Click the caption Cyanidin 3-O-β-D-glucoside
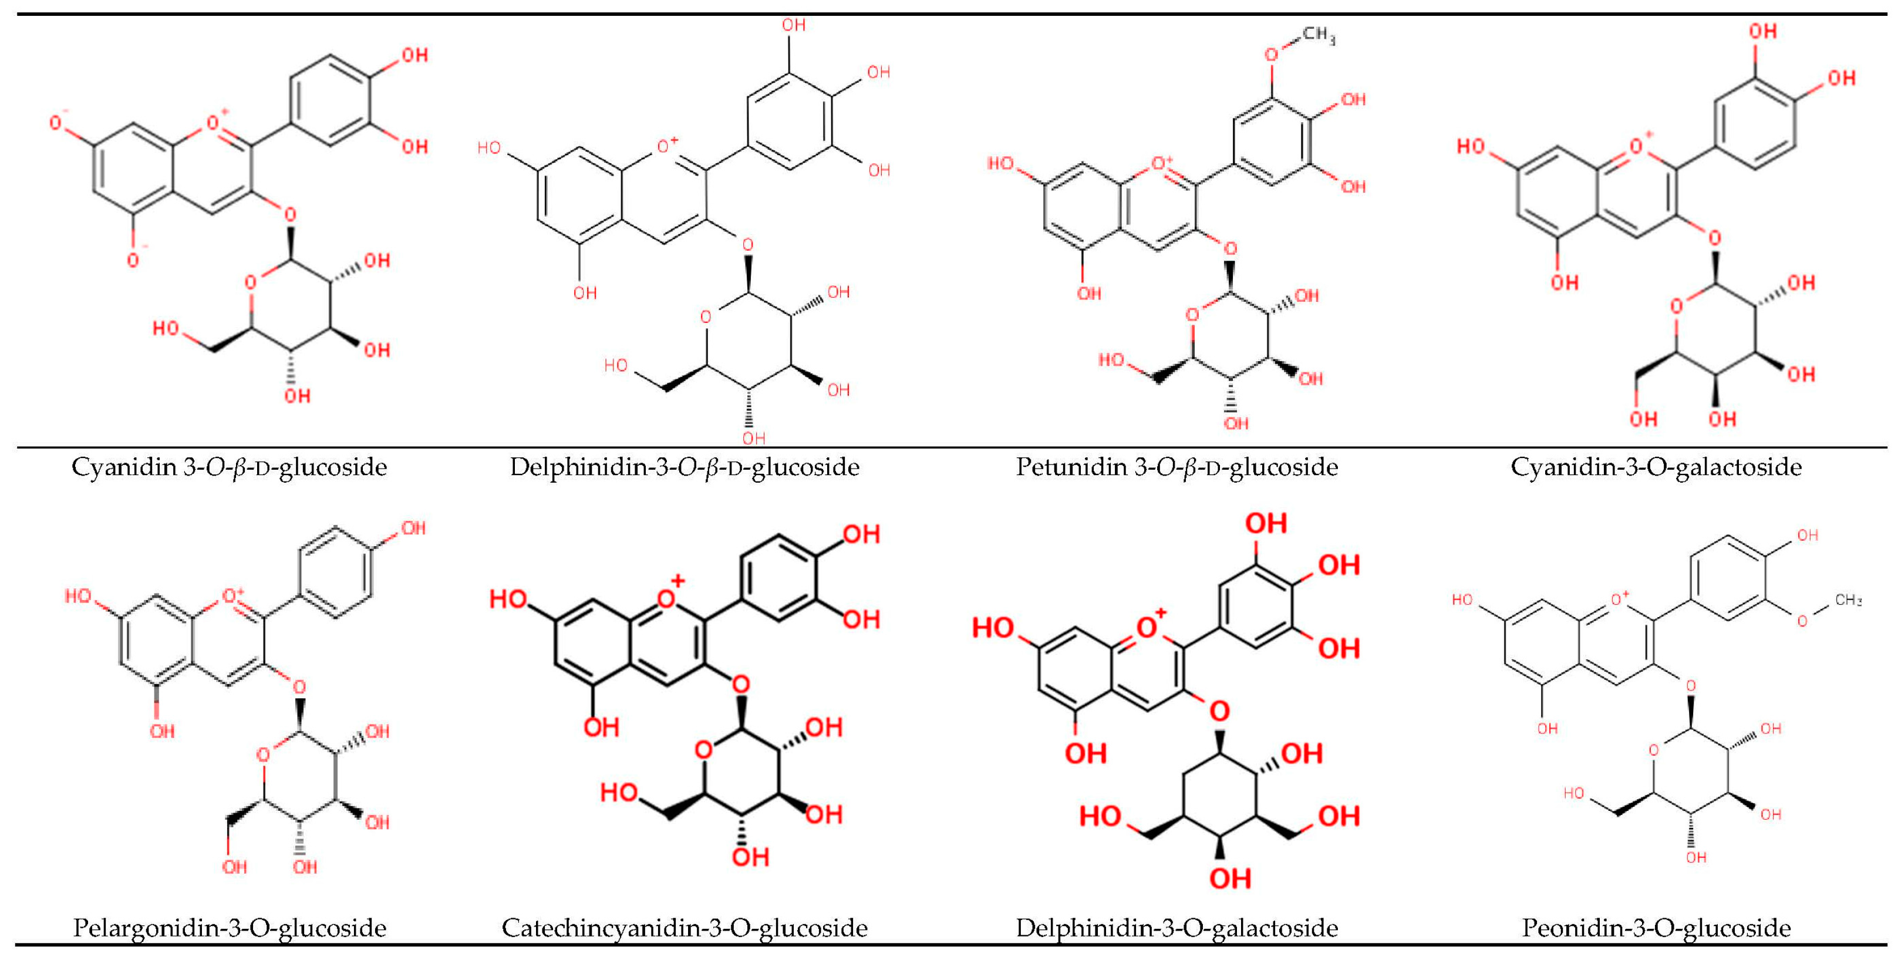229,467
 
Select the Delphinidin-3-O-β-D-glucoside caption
685,467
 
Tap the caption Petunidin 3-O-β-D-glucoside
1176,467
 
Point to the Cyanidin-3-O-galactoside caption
1656,467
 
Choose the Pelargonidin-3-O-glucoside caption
229,928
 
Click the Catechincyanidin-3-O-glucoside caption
685,928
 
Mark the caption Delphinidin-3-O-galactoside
1176,928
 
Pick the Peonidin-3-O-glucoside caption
1656,928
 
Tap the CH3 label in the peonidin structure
1848,600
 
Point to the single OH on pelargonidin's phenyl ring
413,528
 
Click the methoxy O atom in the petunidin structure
1271,55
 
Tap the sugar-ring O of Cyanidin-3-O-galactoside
1676,305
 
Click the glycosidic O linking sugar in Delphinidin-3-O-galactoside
1220,711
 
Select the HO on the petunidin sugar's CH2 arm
1111,360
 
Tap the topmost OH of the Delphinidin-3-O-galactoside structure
1266,524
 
